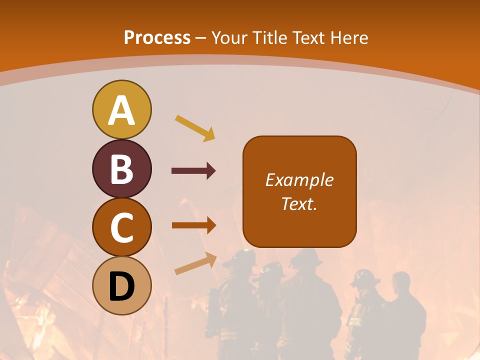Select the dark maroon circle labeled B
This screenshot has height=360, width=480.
pyautogui.click(x=121, y=169)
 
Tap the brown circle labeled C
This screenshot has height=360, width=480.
pyautogui.click(x=121, y=227)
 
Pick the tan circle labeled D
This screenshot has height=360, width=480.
pyautogui.click(x=121, y=286)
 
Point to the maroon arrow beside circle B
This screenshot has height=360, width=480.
pyautogui.click(x=193, y=171)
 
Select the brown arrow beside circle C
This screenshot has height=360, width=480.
pyautogui.click(x=193, y=225)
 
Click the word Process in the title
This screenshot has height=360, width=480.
pyautogui.click(x=157, y=37)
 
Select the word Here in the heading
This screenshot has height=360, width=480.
pyautogui.click(x=350, y=38)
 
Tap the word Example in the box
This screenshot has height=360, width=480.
pyautogui.click(x=299, y=180)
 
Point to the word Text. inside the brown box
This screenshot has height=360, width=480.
pyautogui.click(x=299, y=203)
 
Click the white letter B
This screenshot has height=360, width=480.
pyautogui.click(x=121, y=169)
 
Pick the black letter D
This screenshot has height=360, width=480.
pyautogui.click(x=121, y=286)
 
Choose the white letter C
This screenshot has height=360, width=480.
pyautogui.click(x=121, y=227)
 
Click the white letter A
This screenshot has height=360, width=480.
pyautogui.click(x=121, y=110)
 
